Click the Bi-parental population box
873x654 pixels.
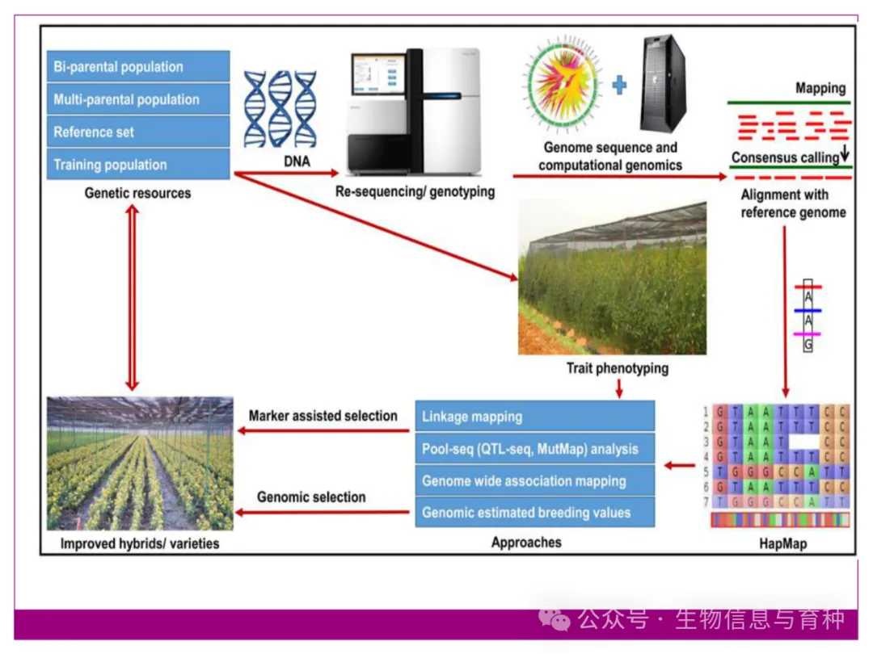tap(138, 67)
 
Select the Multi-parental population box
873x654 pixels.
tap(138, 99)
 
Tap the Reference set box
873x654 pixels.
tap(138, 132)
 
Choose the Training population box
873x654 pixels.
tap(138, 165)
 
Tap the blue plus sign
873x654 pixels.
tap(619, 85)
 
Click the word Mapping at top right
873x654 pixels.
tap(820, 89)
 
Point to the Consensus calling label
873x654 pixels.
tap(785, 157)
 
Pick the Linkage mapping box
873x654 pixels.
tap(534, 417)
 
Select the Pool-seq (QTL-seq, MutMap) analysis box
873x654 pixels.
tap(534, 448)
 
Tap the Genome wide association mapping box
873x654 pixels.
tap(534, 480)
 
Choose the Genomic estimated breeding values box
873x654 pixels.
tap(534, 512)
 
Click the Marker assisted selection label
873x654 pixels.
tap(323, 416)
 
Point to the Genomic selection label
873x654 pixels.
tap(311, 497)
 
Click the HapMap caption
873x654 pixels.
tap(782, 543)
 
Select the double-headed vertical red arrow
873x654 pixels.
tap(133, 297)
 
